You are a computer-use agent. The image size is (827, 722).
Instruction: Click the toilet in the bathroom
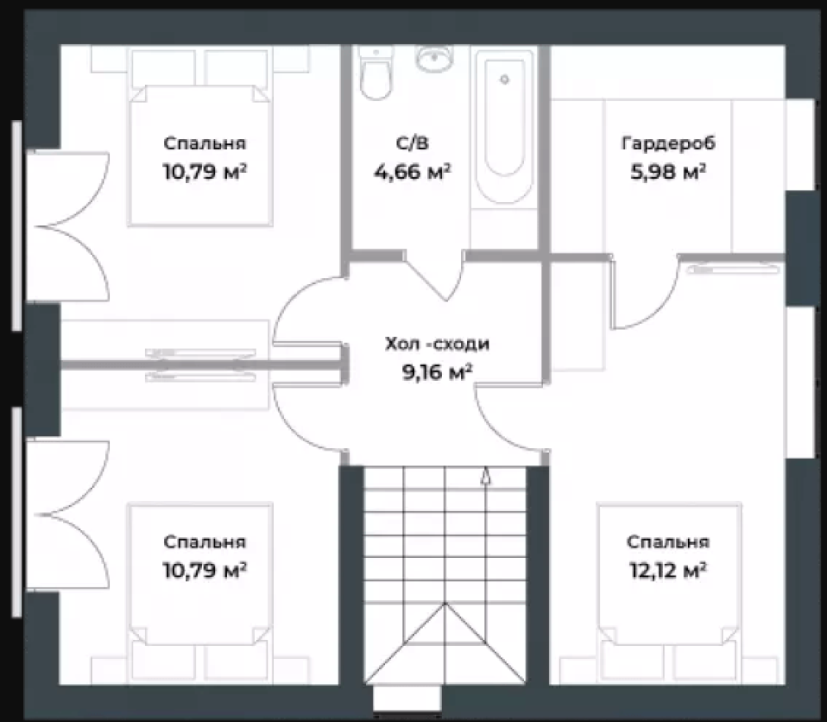(x=376, y=73)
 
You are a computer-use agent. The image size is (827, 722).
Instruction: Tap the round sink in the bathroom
(x=434, y=57)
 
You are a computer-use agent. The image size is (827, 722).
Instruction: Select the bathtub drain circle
(x=505, y=79)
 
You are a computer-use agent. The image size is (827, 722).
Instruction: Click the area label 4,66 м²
(x=412, y=171)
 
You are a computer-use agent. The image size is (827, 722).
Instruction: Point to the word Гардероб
(x=669, y=143)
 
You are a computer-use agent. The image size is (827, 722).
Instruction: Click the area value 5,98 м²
(x=668, y=172)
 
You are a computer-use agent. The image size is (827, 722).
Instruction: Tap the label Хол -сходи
(x=437, y=344)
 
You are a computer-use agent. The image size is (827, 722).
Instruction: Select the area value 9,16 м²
(x=437, y=373)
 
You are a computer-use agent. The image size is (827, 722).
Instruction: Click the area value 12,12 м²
(x=668, y=570)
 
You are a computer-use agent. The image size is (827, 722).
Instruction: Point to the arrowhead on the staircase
(x=486, y=476)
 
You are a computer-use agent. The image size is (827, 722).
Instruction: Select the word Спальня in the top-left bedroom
(x=204, y=143)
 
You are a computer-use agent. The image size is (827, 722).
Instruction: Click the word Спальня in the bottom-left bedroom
(x=204, y=541)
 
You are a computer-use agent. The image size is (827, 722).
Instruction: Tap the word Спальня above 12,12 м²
(x=668, y=541)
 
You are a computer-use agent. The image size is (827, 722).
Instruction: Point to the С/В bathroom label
(x=411, y=143)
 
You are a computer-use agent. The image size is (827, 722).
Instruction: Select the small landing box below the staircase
(x=406, y=698)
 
